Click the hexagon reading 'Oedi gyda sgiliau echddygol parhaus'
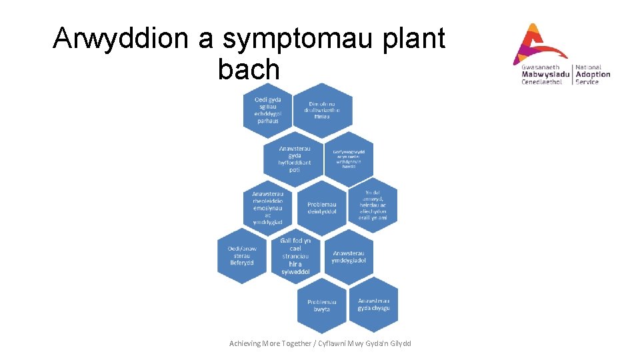(268, 110)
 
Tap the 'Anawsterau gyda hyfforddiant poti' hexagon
(295, 159)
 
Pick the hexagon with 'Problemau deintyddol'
(322, 207)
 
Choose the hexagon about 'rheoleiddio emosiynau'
(268, 207)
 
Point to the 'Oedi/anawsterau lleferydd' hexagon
(242, 255)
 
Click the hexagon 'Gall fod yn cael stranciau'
(295, 256)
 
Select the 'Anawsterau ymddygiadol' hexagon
(349, 256)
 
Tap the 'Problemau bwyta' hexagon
(322, 305)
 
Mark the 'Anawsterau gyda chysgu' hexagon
(373, 304)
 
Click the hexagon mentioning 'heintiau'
(372, 206)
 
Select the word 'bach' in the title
(249, 69)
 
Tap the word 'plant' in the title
(416, 40)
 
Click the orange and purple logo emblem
(539, 43)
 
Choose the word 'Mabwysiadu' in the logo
(545, 75)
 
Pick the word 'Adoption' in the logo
(592, 75)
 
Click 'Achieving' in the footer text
(247, 343)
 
